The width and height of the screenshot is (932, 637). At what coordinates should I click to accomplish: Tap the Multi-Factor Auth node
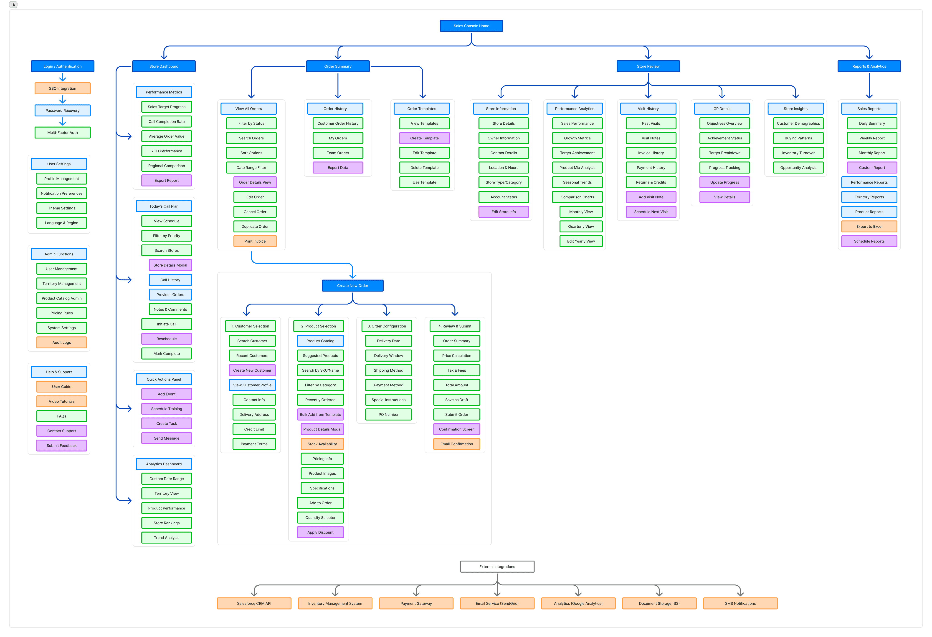[x=63, y=133]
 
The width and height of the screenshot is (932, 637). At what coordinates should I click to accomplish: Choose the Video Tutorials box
[x=62, y=402]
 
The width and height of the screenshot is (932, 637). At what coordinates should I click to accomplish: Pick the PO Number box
[x=388, y=415]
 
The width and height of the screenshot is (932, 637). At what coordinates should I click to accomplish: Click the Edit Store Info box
[x=504, y=212]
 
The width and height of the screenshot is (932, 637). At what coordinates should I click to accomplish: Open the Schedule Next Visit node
[x=651, y=212]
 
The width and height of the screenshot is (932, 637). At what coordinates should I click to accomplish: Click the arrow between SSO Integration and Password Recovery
[x=63, y=99]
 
